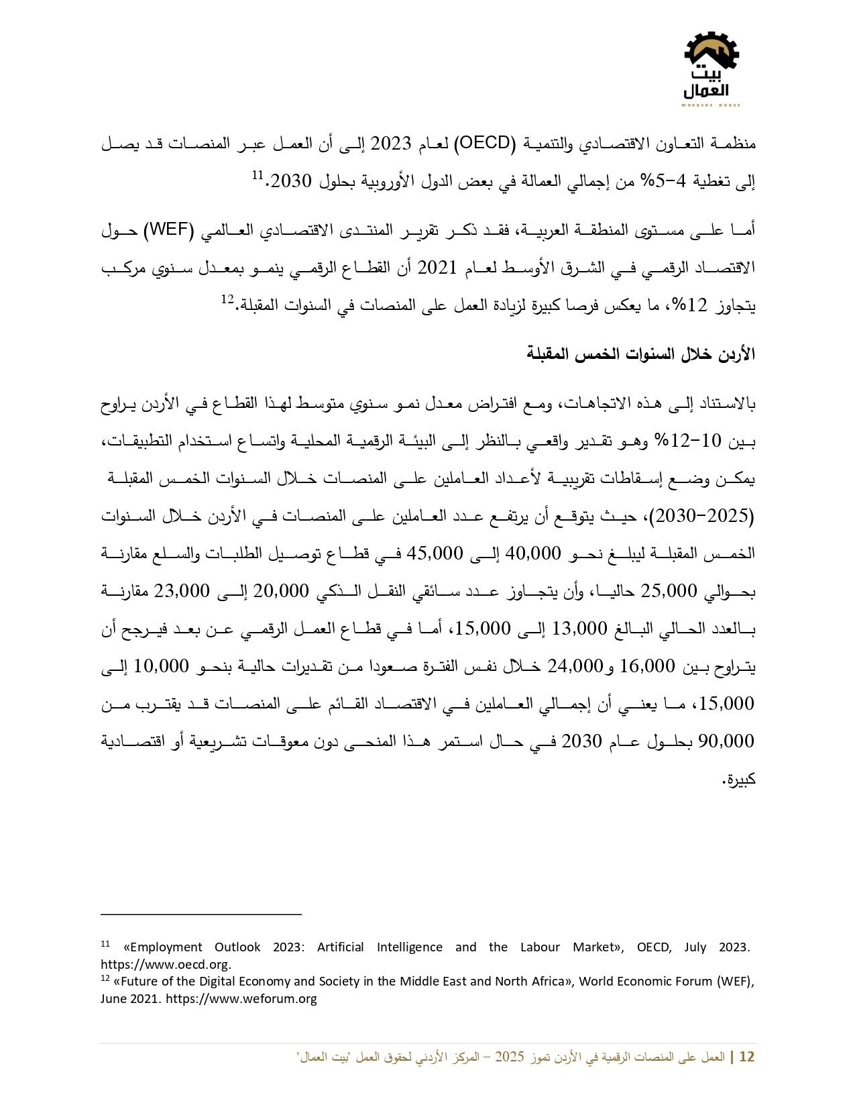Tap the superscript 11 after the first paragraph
258,175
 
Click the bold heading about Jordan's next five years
640,354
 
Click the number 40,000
532,553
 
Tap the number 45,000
435,553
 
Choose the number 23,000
182,591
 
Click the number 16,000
646,666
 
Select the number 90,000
726,741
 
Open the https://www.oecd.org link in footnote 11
166,965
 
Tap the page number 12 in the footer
746,1057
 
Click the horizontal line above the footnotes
201,914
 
